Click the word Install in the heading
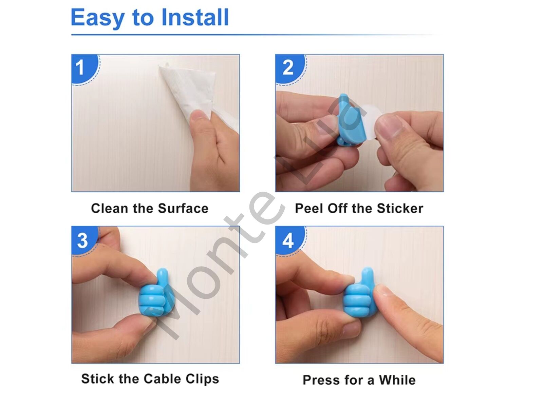click(195, 17)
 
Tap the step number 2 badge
click(290, 69)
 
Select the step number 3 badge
click(84, 240)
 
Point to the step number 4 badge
click(290, 240)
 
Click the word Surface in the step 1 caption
click(183, 208)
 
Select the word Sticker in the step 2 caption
click(400, 208)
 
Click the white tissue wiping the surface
click(195, 94)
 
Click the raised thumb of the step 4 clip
click(367, 277)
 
